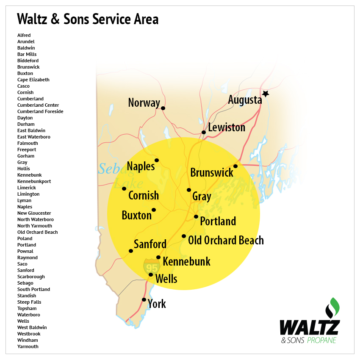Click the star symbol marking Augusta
266,94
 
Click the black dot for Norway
163,108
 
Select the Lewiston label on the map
227,127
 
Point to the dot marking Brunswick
235,166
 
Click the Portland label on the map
218,221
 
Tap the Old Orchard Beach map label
226,241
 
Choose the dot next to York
144,300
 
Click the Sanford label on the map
150,244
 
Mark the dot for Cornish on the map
124,188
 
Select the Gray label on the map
202,197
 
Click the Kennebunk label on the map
186,261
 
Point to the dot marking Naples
157,160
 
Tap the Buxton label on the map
136,215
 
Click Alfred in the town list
24,35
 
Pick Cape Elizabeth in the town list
33,80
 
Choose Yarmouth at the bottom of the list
28,346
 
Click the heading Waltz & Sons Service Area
88,19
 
